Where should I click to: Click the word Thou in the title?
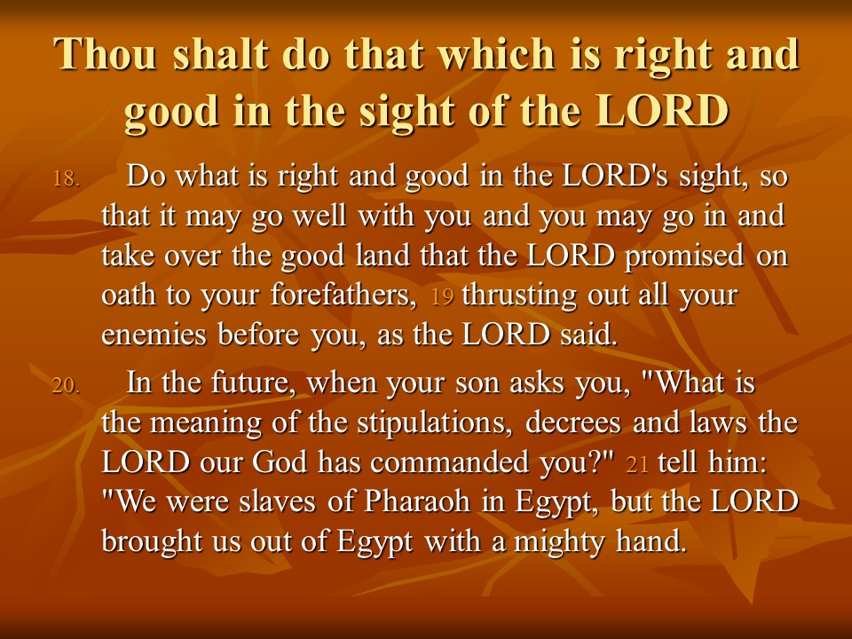coord(106,54)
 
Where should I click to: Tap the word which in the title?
coord(496,54)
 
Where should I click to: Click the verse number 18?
coord(67,178)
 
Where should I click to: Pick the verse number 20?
coord(67,385)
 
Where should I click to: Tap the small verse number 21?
coord(637,465)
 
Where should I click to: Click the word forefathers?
coord(343,295)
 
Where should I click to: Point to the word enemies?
coord(154,335)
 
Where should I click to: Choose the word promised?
coord(684,256)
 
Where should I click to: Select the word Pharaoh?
coord(417,501)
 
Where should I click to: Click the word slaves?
coord(277,501)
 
